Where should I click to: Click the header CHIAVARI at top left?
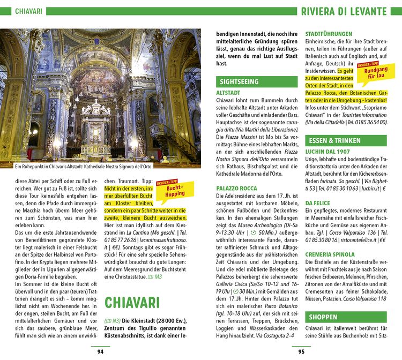(x=29, y=11)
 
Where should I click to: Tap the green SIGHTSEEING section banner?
(x=239, y=82)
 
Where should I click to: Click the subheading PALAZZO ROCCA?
(x=236, y=189)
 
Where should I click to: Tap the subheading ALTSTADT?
(x=228, y=93)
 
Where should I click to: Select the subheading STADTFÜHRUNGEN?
(x=329, y=34)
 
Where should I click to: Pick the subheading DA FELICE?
(x=317, y=204)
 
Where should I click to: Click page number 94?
(x=100, y=352)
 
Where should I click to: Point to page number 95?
(x=301, y=352)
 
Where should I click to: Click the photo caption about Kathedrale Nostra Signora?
(x=84, y=166)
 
